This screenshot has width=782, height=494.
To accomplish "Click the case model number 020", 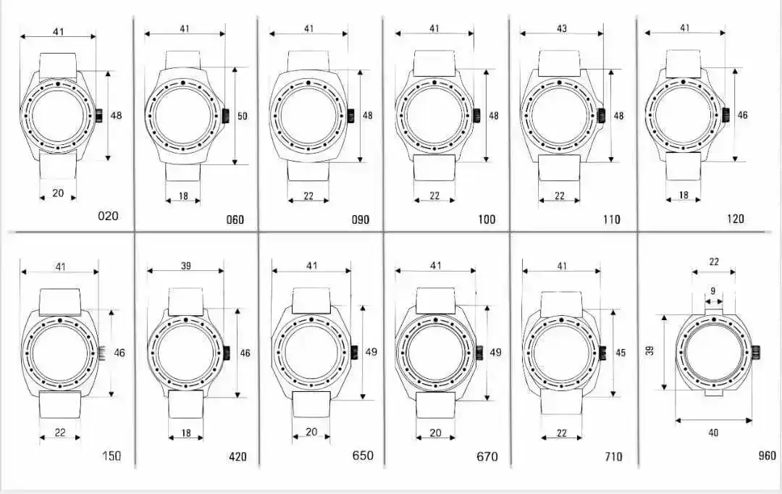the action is [x=108, y=216].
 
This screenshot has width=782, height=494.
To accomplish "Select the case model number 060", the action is [x=235, y=219].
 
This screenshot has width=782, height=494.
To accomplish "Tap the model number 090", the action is [x=360, y=219].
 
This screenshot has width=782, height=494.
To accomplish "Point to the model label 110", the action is [x=611, y=219].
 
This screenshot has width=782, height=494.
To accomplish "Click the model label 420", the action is [x=237, y=456].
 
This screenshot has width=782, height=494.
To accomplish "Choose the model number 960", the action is [x=767, y=455].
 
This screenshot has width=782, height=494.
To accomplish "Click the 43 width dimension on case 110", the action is [x=562, y=28].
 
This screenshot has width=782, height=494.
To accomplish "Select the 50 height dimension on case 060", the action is [x=242, y=117].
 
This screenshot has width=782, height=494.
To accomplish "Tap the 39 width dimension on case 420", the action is [x=185, y=265].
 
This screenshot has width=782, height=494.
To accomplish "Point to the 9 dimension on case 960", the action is [x=713, y=291].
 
